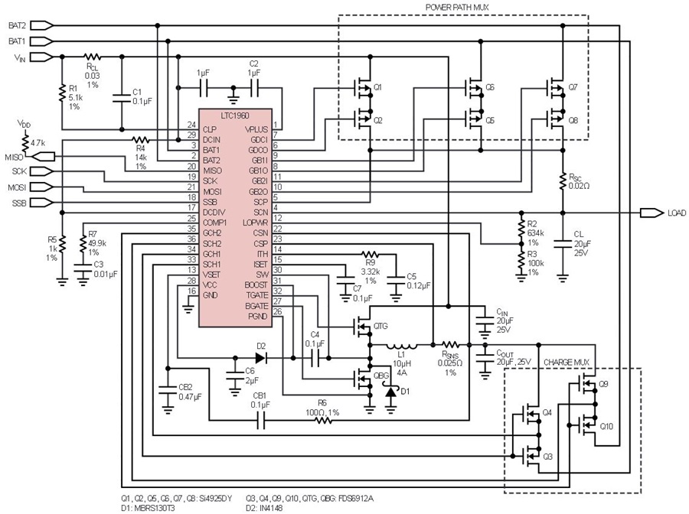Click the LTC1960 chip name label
point(235,115)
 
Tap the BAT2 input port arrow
point(43,25)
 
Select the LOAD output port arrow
point(651,213)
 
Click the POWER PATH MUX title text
point(457,8)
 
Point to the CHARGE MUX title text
point(566,363)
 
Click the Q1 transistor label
point(377,88)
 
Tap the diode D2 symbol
point(260,358)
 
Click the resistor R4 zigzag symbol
point(141,140)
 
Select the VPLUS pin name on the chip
point(256,129)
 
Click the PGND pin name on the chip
point(257,316)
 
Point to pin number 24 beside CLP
point(191,125)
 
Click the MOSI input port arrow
point(43,187)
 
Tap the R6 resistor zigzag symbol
point(323,421)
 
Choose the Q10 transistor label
point(606,426)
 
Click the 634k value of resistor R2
point(536,233)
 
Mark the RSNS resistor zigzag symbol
point(450,344)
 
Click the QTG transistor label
point(380,327)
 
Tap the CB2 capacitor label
point(185,387)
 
